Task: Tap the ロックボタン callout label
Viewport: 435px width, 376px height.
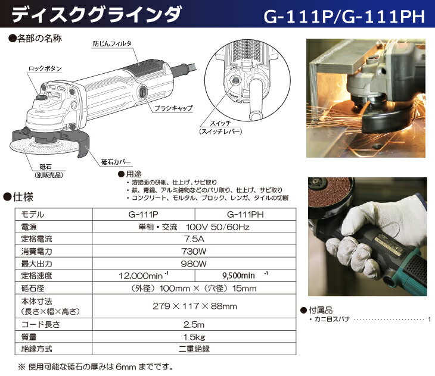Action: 44,69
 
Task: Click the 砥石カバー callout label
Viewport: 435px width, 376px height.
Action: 117,161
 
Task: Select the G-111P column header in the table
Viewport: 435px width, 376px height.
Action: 145,214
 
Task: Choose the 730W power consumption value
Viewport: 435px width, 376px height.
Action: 194,251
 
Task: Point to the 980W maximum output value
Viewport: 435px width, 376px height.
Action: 194,264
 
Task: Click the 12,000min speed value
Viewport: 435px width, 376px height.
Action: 145,276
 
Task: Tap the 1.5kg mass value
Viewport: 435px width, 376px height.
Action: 194,337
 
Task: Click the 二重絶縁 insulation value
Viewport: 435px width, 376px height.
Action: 194,349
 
